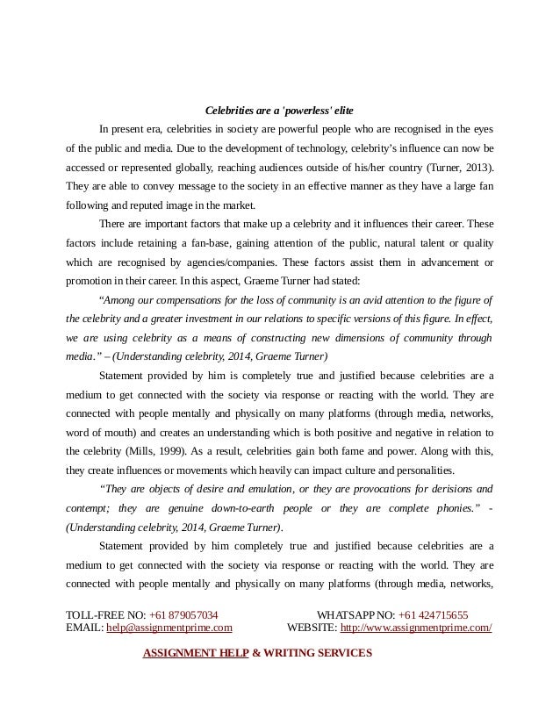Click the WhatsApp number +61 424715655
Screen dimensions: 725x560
[433, 615]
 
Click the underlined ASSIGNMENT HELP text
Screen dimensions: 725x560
[196, 653]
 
